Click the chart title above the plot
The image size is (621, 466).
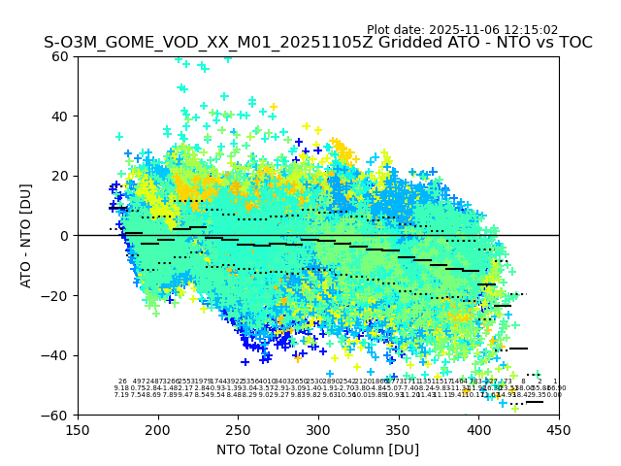pos(317,44)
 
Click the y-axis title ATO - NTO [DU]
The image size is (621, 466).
pos(27,235)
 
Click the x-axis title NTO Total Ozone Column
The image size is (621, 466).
pos(317,449)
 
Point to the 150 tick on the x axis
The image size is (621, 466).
pos(78,430)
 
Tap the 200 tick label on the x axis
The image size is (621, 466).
pos(158,430)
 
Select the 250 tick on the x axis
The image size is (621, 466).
pos(238,430)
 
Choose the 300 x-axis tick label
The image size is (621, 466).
pos(318,430)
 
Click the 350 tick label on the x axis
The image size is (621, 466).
pos(399,430)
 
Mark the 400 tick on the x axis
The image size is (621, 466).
pos(478,430)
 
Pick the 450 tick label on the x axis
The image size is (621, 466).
pos(559,430)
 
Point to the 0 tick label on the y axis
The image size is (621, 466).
pos(66,236)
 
